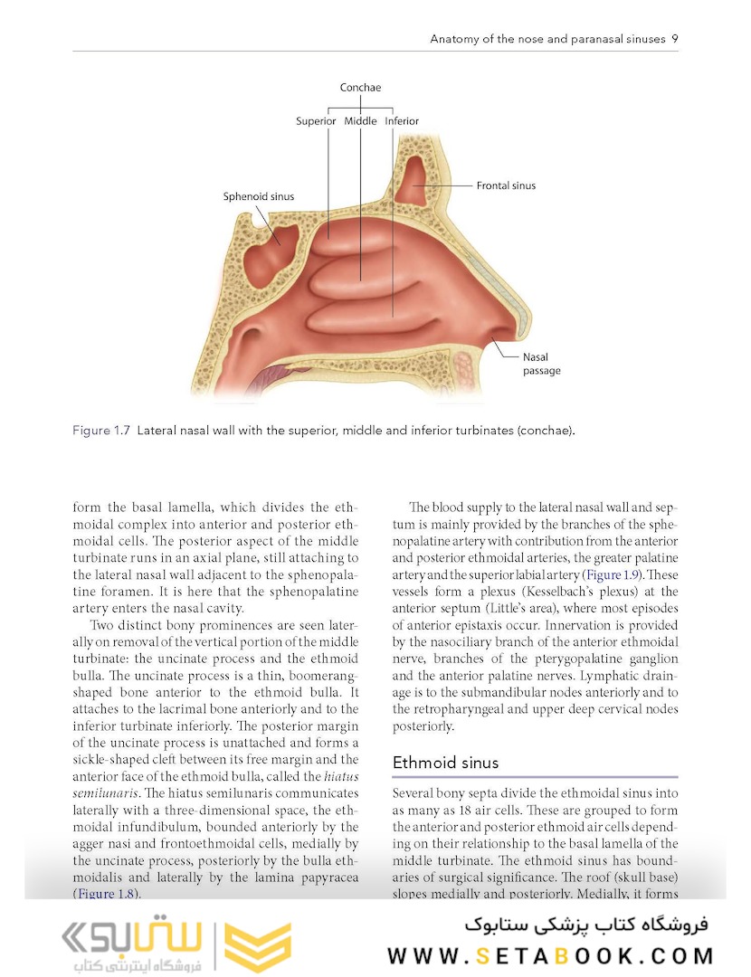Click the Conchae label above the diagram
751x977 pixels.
click(x=360, y=88)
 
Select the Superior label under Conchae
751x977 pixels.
click(x=316, y=120)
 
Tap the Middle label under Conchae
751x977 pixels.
click(x=360, y=120)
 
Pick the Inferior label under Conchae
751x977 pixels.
click(x=402, y=120)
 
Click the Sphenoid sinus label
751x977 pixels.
click(x=258, y=195)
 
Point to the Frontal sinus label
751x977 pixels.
click(x=506, y=185)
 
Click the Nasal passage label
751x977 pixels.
click(x=541, y=364)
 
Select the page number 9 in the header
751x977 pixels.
click(x=675, y=39)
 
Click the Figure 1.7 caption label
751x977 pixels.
click(x=101, y=431)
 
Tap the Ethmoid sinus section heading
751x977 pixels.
click(x=445, y=763)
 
